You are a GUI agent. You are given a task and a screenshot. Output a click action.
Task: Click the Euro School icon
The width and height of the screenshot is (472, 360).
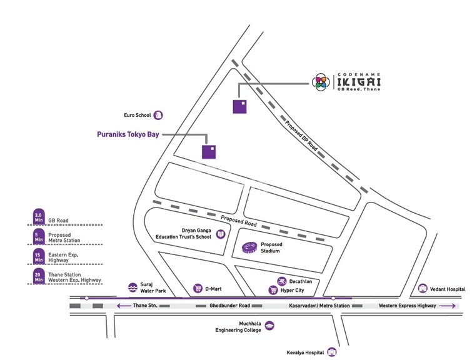click(159, 115)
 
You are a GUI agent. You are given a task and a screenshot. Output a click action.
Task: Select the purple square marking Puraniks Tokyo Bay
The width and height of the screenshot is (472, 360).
click(209, 152)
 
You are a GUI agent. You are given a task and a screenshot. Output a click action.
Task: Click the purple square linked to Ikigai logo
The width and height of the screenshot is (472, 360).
click(239, 107)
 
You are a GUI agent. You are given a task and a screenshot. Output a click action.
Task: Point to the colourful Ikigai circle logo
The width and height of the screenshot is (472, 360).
click(320, 81)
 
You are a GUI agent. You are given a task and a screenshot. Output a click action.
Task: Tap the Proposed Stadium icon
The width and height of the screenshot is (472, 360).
click(249, 247)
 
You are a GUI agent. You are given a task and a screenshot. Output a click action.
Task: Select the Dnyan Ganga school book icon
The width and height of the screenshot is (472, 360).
click(220, 235)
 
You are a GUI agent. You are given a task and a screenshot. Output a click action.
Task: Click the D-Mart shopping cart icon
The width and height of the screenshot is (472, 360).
click(198, 288)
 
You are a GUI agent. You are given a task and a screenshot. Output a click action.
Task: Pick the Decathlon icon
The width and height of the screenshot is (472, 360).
click(282, 281)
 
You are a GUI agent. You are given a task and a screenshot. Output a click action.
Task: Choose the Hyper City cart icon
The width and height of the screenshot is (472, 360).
click(273, 290)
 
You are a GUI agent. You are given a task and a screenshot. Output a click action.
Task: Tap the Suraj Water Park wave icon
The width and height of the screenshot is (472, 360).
click(132, 288)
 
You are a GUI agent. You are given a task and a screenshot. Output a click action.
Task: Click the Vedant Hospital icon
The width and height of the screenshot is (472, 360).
click(423, 289)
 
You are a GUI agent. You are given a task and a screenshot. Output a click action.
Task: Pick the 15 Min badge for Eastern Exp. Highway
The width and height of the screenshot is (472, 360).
click(39, 256)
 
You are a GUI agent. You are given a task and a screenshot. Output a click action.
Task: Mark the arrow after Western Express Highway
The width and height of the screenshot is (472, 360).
click(446, 306)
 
